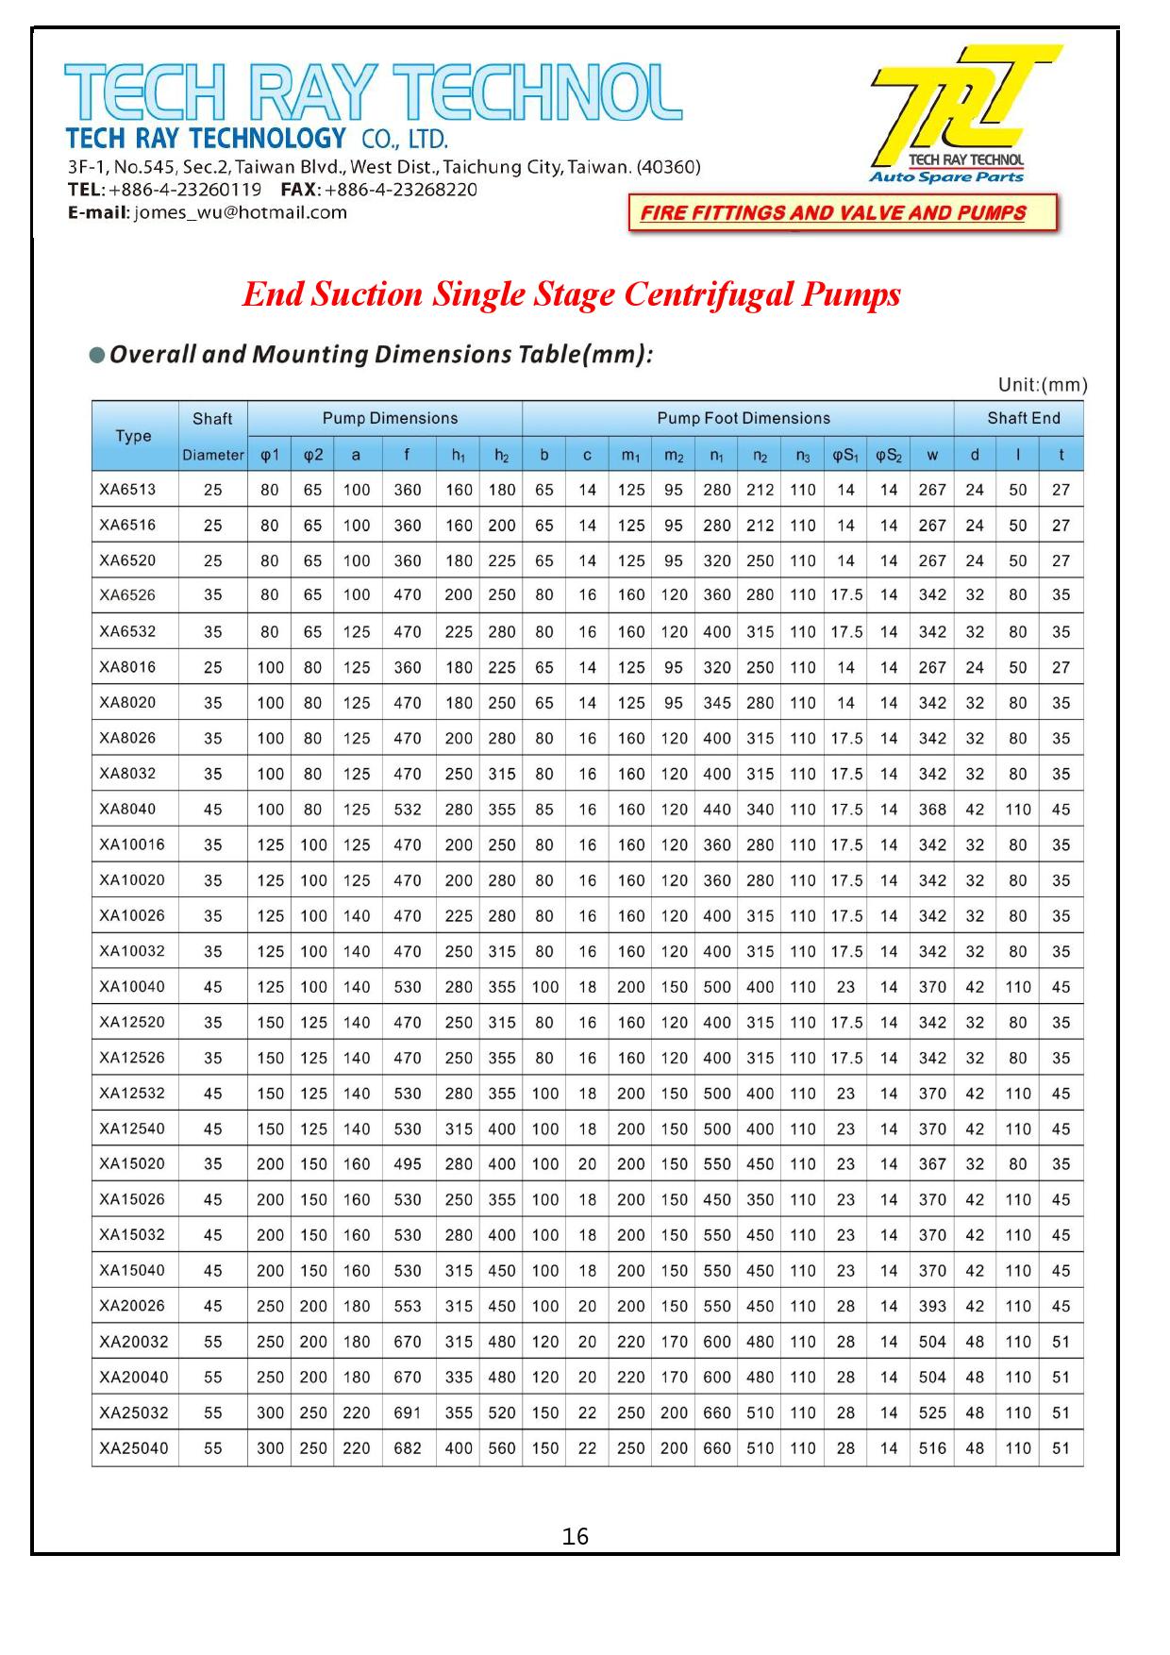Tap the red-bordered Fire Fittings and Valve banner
pos(843,212)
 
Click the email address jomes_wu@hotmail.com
pos(241,212)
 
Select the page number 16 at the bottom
pos(575,1537)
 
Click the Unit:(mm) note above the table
pos(1043,385)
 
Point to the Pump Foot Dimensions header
pos(744,418)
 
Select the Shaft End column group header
pos(1023,418)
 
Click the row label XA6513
pos(127,489)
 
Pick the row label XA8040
pos(127,809)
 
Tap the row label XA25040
pos(134,1447)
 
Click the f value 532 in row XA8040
pos(408,810)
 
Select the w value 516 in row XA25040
pos(932,1448)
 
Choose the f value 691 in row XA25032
pos(408,1413)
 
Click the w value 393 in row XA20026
pos(932,1306)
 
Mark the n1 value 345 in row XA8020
pos(717,703)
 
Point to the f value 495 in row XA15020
pos(408,1164)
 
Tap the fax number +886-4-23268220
pos(401,190)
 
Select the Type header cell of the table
pos(134,435)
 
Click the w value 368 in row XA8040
pos(932,810)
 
